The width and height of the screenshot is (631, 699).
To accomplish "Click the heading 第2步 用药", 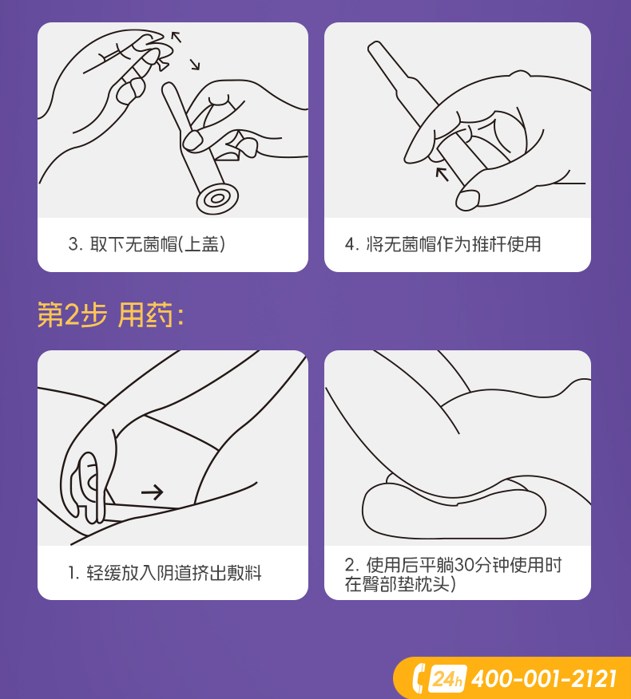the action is click(x=111, y=314).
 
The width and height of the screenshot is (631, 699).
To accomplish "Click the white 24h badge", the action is click(x=447, y=679).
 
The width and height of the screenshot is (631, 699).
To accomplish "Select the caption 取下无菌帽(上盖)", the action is click(x=157, y=244).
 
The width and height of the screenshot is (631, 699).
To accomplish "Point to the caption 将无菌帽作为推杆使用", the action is click(x=454, y=244).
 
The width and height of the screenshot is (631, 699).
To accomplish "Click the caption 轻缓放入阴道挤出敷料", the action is click(x=174, y=573).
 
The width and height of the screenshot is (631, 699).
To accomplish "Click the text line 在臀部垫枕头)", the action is click(x=400, y=584).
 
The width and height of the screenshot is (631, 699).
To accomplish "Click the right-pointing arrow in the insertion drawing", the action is click(x=153, y=492).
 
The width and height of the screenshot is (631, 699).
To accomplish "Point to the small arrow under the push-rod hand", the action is click(x=442, y=173).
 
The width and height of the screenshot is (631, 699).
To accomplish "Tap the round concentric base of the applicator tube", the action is click(x=217, y=199).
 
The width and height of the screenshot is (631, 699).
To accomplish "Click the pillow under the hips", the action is click(x=454, y=508).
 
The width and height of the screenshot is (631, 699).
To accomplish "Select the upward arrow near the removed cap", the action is click(x=177, y=37).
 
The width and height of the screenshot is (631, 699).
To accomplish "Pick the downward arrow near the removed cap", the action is click(x=194, y=65).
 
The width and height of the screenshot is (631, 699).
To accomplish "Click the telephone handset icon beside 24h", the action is click(x=419, y=678).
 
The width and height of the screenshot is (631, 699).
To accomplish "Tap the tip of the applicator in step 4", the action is click(x=374, y=45).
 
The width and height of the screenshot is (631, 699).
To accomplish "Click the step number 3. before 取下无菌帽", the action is click(x=75, y=244).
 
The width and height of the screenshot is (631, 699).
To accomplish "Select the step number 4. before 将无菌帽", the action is click(x=351, y=244).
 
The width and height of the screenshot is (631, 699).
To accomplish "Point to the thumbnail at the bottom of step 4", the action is click(x=466, y=199).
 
